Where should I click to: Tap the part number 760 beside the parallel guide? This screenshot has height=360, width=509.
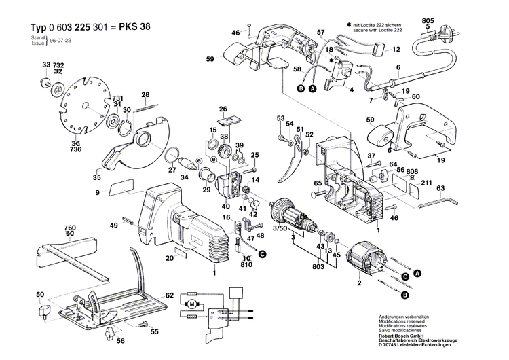(70, 228)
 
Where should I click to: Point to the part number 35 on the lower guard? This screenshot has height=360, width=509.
(97, 178)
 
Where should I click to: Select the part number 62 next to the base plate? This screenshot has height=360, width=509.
(170, 295)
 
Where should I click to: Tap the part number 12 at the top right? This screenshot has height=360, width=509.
(396, 50)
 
